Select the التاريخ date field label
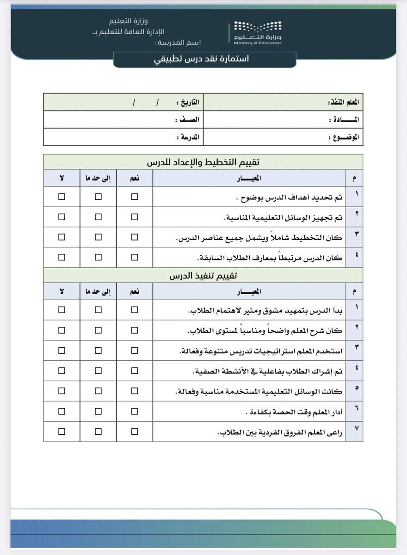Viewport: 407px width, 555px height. click(189, 102)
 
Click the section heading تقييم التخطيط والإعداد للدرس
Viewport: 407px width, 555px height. click(203, 162)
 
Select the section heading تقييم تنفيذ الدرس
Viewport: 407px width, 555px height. click(203, 276)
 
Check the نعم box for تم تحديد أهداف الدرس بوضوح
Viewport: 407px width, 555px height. click(134, 197)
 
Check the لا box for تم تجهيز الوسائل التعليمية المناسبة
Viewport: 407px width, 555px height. click(62, 217)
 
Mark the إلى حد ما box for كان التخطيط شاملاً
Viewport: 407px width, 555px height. click(98, 237)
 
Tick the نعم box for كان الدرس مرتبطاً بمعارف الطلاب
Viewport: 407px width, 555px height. click(134, 258)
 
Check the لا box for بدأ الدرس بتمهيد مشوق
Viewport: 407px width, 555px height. click(62, 310)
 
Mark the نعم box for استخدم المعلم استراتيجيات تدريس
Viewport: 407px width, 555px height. click(134, 351)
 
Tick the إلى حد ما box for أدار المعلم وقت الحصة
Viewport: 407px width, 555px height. click(98, 411)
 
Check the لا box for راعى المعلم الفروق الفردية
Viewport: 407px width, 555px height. click(62, 432)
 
